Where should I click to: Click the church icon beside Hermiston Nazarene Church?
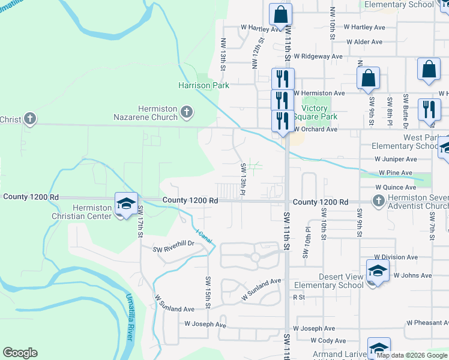tap(187, 111)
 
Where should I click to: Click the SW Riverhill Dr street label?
tap(173, 244)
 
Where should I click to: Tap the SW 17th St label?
tap(140, 220)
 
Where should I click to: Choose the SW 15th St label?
tap(208, 293)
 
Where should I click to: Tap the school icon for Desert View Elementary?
tap(378, 271)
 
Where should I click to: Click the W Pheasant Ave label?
tap(427, 323)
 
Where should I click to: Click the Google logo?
tap(20, 353)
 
